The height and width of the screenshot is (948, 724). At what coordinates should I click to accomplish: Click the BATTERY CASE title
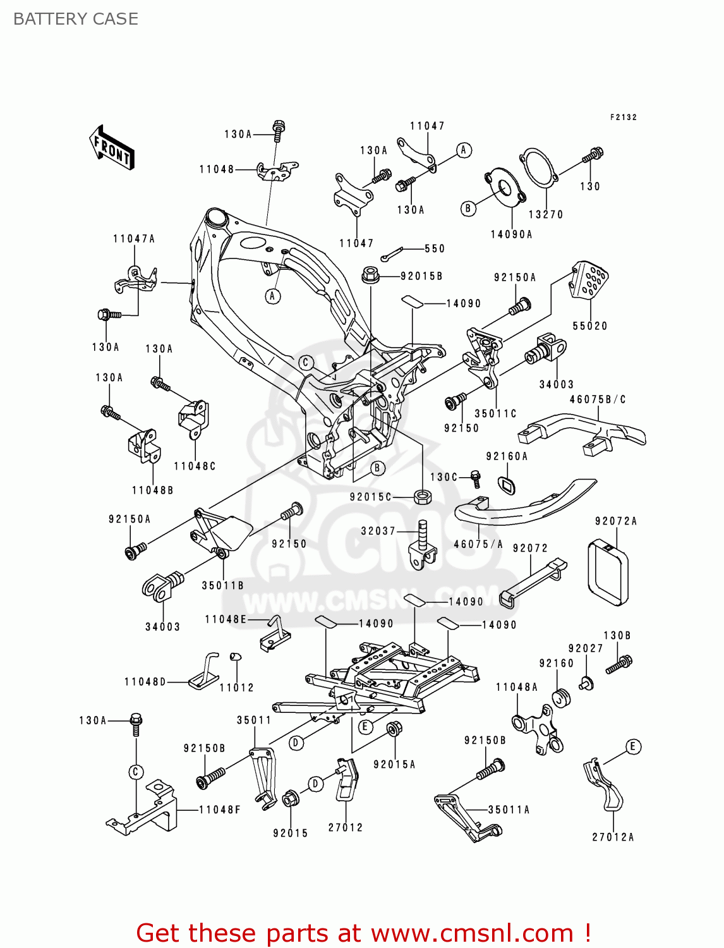[76, 19]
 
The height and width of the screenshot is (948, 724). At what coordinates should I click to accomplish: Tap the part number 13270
[545, 215]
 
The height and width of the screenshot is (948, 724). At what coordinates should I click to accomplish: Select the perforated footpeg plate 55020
[589, 279]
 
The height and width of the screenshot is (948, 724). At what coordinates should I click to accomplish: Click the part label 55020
[589, 326]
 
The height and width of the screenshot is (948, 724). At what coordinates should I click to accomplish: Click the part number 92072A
[616, 521]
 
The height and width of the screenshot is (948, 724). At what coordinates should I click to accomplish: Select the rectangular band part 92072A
[608, 573]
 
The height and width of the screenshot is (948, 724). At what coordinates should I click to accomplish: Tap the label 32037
[378, 531]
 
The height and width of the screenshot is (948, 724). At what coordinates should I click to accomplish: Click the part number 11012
[236, 688]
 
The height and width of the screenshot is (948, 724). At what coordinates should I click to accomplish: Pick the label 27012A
[612, 837]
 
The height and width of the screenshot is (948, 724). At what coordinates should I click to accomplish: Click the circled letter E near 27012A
[632, 746]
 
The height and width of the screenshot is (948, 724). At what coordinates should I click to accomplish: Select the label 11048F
[219, 810]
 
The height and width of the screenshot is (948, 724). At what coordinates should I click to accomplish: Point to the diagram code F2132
[623, 118]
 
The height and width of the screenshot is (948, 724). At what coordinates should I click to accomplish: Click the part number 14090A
[511, 234]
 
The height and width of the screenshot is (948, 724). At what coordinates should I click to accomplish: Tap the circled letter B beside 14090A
[468, 208]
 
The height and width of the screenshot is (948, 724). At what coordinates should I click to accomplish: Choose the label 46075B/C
[597, 399]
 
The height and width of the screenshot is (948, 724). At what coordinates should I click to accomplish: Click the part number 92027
[585, 648]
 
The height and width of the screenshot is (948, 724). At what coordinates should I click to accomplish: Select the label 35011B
[222, 586]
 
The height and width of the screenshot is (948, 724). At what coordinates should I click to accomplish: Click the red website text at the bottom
[363, 933]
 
